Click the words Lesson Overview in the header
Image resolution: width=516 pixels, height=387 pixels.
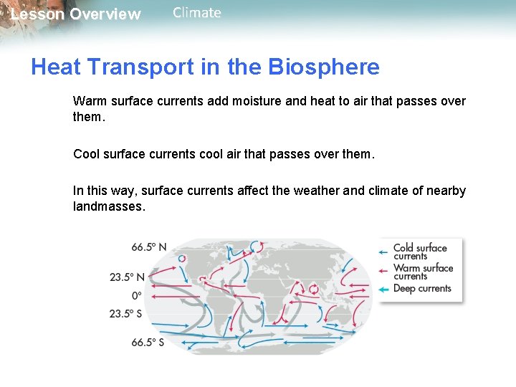(x=76, y=14)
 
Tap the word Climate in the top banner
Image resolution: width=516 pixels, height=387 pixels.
(x=197, y=13)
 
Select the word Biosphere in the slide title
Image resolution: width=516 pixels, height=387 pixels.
(x=324, y=67)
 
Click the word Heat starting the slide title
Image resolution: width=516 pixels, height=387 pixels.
(x=56, y=67)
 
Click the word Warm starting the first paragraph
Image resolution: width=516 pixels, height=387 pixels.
(x=89, y=101)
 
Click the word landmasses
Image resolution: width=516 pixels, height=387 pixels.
(x=109, y=206)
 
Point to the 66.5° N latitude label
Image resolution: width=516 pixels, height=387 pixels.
(x=148, y=247)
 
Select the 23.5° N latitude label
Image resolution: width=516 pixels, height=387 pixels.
(x=127, y=277)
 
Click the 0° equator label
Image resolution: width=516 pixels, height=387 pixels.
(x=136, y=295)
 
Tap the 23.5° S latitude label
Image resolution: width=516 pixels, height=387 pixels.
(x=126, y=313)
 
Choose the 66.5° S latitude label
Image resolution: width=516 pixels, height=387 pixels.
(x=147, y=343)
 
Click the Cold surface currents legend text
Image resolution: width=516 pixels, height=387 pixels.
(x=420, y=252)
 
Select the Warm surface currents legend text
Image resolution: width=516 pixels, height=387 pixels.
(x=423, y=272)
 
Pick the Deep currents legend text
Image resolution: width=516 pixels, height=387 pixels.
(x=422, y=289)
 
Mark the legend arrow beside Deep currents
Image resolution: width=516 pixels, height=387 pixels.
(x=383, y=289)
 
